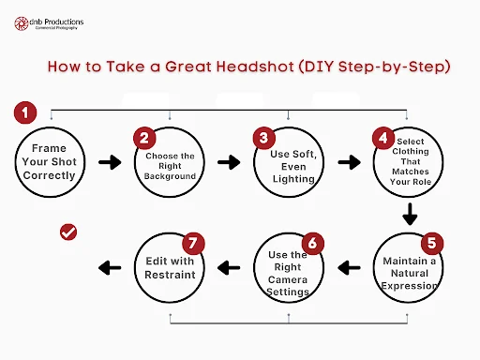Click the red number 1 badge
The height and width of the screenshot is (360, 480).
(25, 112)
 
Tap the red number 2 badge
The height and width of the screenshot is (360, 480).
(144, 138)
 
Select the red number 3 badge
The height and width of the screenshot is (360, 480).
(264, 138)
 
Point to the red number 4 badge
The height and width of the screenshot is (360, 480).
(383, 138)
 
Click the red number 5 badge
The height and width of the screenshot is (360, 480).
(432, 243)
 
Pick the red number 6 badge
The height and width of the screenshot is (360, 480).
(312, 243)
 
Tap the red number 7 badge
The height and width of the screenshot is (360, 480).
(193, 243)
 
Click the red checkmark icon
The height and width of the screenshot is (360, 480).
(68, 232)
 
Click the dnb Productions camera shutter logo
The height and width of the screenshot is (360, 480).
(22, 23)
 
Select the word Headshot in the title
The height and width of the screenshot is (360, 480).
(255, 67)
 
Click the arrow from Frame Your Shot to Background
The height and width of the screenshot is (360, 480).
(110, 162)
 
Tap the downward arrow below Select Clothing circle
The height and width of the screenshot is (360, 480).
(410, 215)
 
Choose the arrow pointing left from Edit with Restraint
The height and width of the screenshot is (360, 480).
(110, 268)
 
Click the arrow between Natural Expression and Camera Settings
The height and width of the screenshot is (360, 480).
(349, 268)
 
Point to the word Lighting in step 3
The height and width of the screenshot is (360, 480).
(293, 179)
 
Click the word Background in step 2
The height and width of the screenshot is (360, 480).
(170, 176)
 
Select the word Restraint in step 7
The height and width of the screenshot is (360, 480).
(170, 275)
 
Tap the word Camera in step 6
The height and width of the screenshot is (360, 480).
(288, 279)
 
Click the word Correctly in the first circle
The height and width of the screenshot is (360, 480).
(50, 175)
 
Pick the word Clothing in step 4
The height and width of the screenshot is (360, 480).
(411, 152)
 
